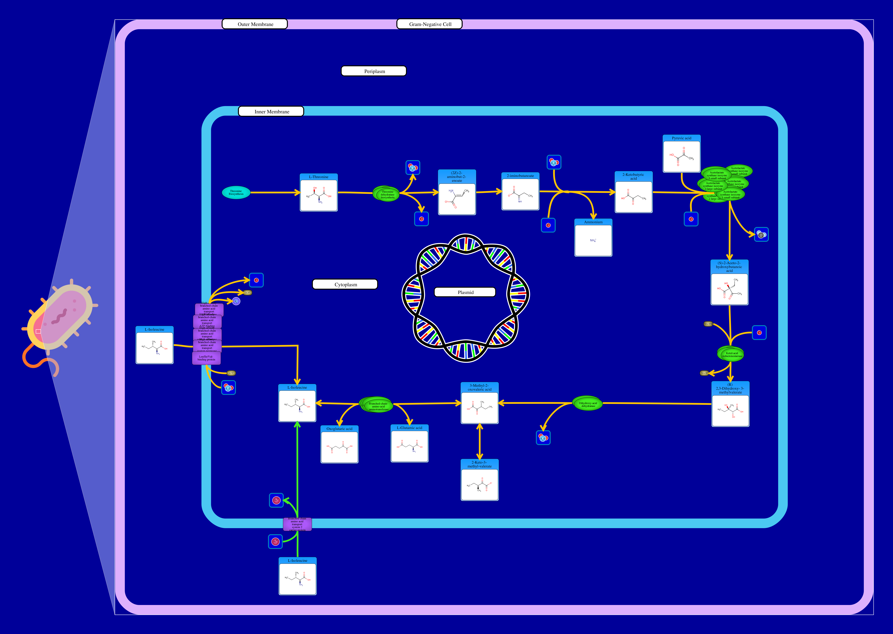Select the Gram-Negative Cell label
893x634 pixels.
coord(430,24)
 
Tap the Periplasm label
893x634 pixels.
coord(374,71)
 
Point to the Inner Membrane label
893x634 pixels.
coord(271,112)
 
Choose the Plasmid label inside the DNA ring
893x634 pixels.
coord(465,292)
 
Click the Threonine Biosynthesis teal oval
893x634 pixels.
coord(236,193)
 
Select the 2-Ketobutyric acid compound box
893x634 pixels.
coord(633,193)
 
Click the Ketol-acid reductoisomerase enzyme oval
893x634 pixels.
coord(731,354)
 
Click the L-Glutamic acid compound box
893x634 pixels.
coord(409,444)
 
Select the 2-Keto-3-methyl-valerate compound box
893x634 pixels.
coord(479,480)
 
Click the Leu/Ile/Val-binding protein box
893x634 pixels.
coord(206,358)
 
